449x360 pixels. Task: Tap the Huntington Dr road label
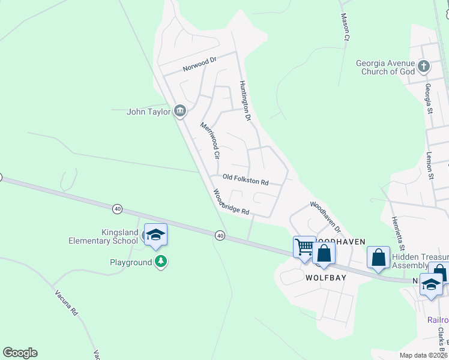(244, 101)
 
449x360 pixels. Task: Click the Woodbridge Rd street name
(231, 202)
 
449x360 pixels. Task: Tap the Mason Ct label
(345, 28)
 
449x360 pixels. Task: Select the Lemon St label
(430, 166)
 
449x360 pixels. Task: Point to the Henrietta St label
(399, 234)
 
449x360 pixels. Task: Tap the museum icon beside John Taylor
(179, 111)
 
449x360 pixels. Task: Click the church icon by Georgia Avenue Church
(424, 66)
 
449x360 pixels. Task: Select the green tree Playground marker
(160, 262)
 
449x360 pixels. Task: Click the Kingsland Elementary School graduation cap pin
(155, 236)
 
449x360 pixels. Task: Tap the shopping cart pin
(304, 246)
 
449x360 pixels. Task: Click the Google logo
(20, 353)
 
